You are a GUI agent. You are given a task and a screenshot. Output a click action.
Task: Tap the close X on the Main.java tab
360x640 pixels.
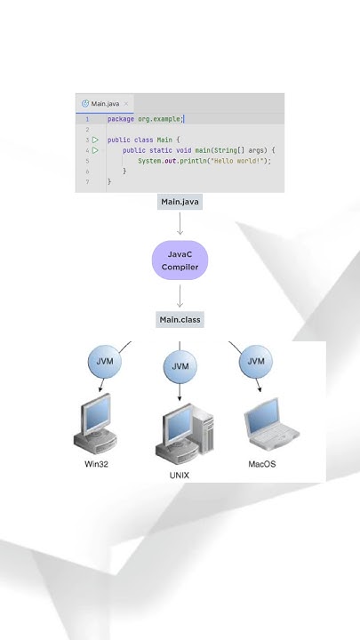pyautogui.click(x=127, y=104)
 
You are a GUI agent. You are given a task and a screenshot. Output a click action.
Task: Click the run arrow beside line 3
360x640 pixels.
pyautogui.click(x=95, y=140)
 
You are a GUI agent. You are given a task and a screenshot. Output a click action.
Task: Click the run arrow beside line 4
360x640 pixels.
pyautogui.click(x=95, y=150)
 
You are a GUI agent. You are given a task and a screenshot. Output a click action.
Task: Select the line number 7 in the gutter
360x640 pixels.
pyautogui.click(x=87, y=181)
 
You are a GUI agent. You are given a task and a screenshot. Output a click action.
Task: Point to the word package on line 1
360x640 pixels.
pyautogui.click(x=122, y=119)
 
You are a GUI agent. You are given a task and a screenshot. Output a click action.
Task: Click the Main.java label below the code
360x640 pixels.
pyautogui.click(x=180, y=203)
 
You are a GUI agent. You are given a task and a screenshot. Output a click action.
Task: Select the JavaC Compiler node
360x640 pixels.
pyautogui.click(x=180, y=260)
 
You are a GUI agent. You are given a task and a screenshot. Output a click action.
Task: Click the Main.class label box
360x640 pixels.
pyautogui.click(x=180, y=320)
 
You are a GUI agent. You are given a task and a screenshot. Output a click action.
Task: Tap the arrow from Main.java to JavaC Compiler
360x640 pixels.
pyautogui.click(x=180, y=224)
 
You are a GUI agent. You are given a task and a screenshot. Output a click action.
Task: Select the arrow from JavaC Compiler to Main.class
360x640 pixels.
pyautogui.click(x=180, y=295)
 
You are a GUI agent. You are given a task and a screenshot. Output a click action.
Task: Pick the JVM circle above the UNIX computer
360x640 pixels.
pyautogui.click(x=180, y=366)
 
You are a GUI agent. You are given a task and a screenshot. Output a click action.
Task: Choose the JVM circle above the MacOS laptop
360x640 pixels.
pyautogui.click(x=255, y=362)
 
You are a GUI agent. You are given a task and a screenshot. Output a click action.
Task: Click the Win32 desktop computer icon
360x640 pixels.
pyautogui.click(x=95, y=424)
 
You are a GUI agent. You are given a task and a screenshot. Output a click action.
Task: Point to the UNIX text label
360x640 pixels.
pyautogui.click(x=180, y=476)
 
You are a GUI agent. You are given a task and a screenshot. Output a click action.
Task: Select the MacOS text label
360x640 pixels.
pyautogui.click(x=262, y=464)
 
